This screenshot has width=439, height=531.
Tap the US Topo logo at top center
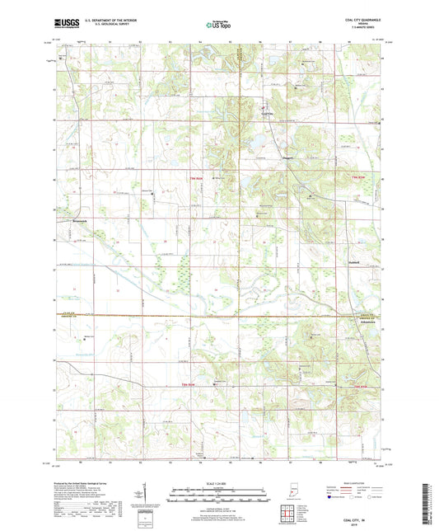click(218, 25)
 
